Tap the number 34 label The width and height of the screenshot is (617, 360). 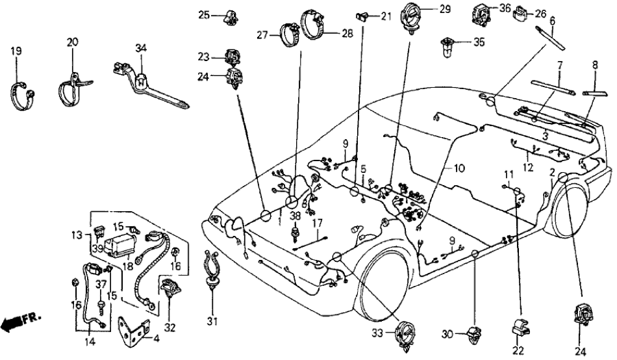[x=140, y=47]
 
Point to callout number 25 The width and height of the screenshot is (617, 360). [x=204, y=15]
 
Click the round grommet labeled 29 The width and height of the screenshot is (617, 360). [x=412, y=15]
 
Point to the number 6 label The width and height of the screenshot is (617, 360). [x=551, y=21]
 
